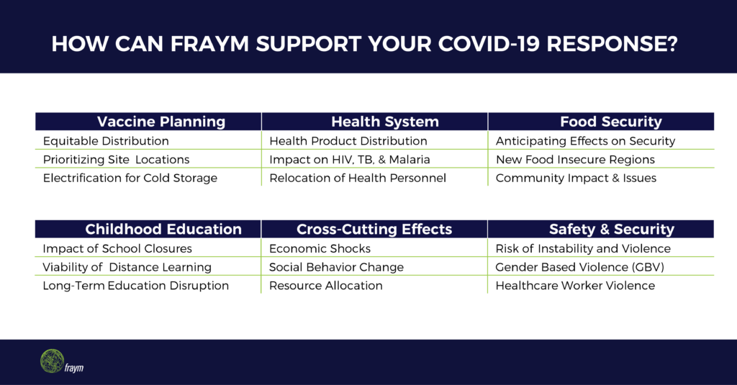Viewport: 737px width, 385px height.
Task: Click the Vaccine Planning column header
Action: (148, 122)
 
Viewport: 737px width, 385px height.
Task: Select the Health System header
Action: (374, 122)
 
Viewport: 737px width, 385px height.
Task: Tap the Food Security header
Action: (601, 122)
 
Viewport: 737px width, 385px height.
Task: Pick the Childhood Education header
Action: (148, 229)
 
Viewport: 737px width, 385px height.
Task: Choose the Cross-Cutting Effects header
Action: (374, 229)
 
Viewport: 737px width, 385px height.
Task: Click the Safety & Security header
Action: (601, 229)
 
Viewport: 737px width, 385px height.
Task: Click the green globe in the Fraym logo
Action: (52, 361)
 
